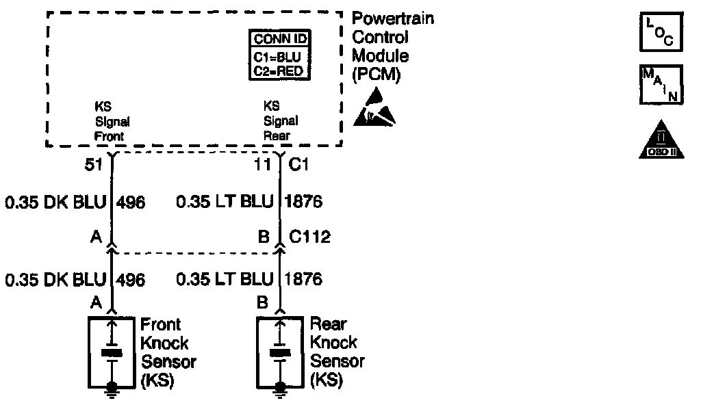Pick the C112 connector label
click(x=309, y=237)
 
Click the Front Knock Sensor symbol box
click(x=112, y=352)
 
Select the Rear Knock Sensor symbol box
click(x=280, y=352)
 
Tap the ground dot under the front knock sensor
click(x=112, y=387)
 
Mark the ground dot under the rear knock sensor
click(x=280, y=387)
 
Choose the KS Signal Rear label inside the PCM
click(x=281, y=121)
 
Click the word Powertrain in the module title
click(x=392, y=19)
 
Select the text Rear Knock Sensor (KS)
click(x=337, y=352)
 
